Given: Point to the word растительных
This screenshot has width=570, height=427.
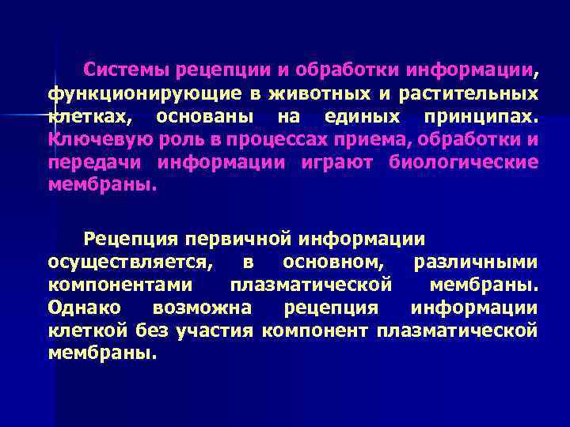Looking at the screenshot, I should coord(462,94).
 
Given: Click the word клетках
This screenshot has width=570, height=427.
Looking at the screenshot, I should coord(84,117).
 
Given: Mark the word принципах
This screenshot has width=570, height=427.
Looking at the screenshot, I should coord(481,117).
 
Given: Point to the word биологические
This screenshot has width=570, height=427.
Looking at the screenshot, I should coord(463,163).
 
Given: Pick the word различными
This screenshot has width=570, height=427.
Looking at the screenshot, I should coord(476,261).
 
